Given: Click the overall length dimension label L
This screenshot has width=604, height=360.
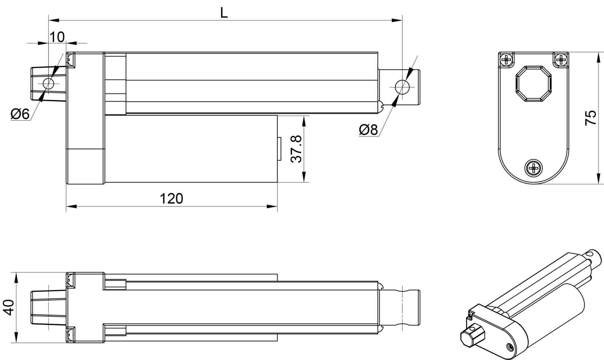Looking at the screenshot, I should pos(224,13).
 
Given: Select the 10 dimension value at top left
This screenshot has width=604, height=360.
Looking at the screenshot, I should pos(57,37).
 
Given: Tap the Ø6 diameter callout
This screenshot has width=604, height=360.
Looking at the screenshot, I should pos(20,114).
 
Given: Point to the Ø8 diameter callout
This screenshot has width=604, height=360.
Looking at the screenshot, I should pos(368,129).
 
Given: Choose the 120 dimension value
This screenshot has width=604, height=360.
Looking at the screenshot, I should pos(171,199).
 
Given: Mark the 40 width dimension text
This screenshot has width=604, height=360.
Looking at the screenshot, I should pos(9,307).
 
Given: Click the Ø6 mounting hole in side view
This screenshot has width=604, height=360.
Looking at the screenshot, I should pos(48,84).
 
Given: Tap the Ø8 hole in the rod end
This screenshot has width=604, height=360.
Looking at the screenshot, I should pos(402,87).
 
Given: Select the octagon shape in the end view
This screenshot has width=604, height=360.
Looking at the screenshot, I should pos(534,84).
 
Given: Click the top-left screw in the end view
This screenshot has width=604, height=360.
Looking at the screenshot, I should pos(507,59).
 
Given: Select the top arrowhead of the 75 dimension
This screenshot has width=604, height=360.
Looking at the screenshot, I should pos(597,57).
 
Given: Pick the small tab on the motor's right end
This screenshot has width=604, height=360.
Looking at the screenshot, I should pos(279,149).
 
